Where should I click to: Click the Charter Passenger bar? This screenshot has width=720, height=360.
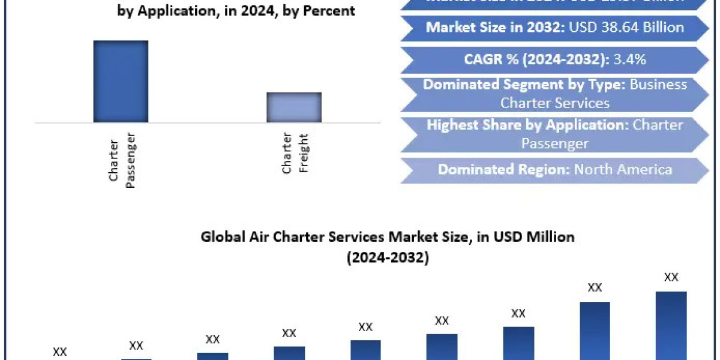click(x=121, y=81)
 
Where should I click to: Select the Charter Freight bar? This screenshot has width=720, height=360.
click(x=294, y=107)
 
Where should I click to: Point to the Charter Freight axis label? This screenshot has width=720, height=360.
click(x=295, y=154)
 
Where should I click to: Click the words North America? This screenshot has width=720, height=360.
click(x=623, y=169)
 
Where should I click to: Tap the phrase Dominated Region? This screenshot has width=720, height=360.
click(x=503, y=169)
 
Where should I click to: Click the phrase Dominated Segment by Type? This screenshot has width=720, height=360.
click(x=524, y=85)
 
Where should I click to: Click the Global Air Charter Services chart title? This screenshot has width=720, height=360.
click(x=387, y=237)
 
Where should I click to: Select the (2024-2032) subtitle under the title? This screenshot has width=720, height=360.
click(x=387, y=258)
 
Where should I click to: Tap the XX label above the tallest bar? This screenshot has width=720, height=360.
click(x=671, y=278)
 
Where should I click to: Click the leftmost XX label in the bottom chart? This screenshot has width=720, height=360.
click(x=60, y=352)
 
